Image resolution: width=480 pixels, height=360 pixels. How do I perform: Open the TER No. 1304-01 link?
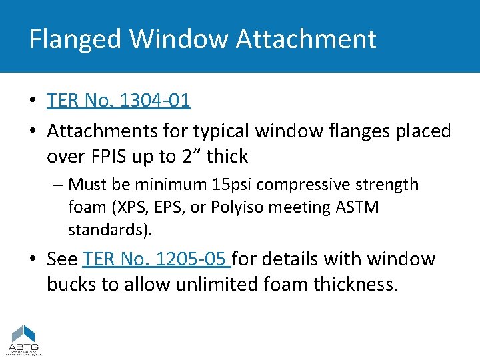[x=119, y=100]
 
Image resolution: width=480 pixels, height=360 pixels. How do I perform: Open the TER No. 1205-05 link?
[x=157, y=259]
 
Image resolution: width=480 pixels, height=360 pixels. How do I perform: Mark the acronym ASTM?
[x=358, y=207]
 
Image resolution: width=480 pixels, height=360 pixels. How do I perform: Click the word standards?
[x=108, y=230]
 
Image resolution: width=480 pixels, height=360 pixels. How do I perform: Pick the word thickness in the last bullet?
[x=357, y=285]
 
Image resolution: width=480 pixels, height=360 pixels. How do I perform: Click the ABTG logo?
[x=24, y=339]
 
